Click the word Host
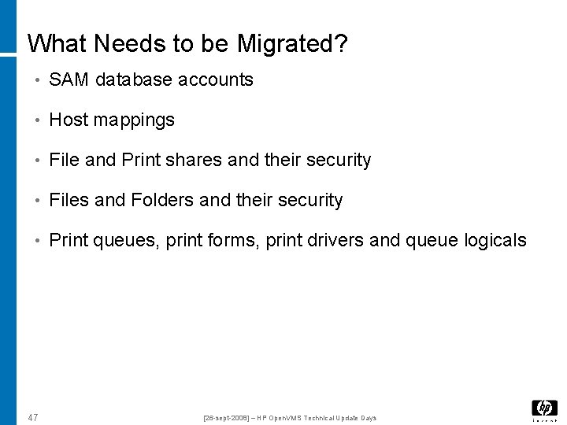pyautogui.click(x=68, y=120)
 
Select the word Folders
pyautogui.click(x=162, y=200)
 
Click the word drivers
pyautogui.click(x=336, y=240)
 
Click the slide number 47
pyautogui.click(x=32, y=417)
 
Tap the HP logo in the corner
pyautogui.click(x=544, y=408)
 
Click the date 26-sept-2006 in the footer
pyautogui.click(x=229, y=418)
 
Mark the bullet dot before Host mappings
pyautogui.click(x=38, y=120)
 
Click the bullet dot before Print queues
pyautogui.click(x=38, y=241)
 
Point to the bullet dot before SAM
pyautogui.click(x=38, y=80)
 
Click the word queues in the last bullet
pyautogui.click(x=127, y=240)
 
